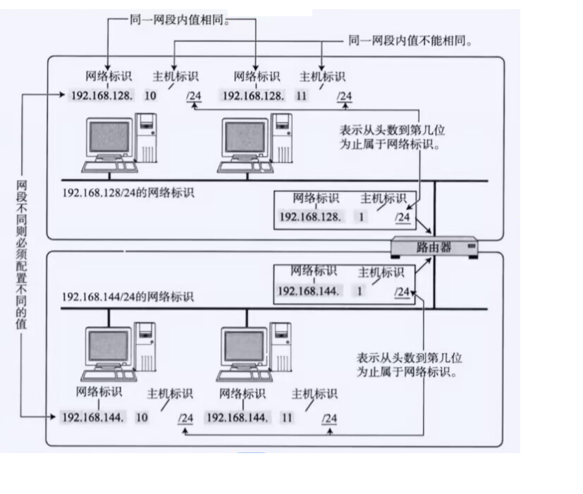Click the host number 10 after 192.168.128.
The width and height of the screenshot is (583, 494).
tap(150, 95)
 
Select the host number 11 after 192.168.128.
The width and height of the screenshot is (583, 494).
tap(302, 96)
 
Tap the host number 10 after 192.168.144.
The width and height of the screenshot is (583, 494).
tap(141, 417)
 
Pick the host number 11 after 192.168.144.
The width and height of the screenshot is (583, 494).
tap(287, 417)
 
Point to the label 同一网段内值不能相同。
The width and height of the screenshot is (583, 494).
tap(410, 42)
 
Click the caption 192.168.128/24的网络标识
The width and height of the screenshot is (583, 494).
tap(128, 192)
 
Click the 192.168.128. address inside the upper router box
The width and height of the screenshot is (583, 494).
tap(310, 216)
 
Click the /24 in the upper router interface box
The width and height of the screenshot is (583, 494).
tap(403, 217)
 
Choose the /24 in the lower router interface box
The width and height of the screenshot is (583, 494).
tap(401, 292)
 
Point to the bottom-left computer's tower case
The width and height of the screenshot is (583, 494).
tap(145, 345)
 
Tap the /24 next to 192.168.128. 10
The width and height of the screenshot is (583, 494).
tap(194, 96)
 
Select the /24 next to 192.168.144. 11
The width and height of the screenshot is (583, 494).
tap(329, 418)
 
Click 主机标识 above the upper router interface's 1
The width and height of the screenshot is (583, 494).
tap(383, 199)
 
